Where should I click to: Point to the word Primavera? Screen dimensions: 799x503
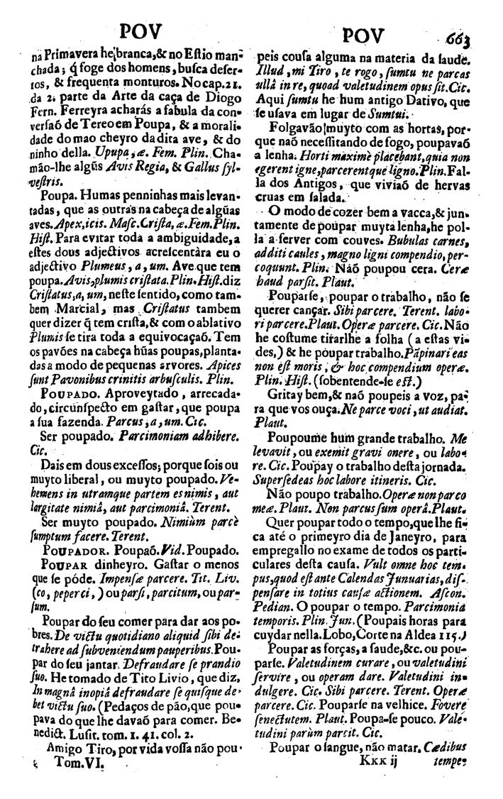pos(70,55)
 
